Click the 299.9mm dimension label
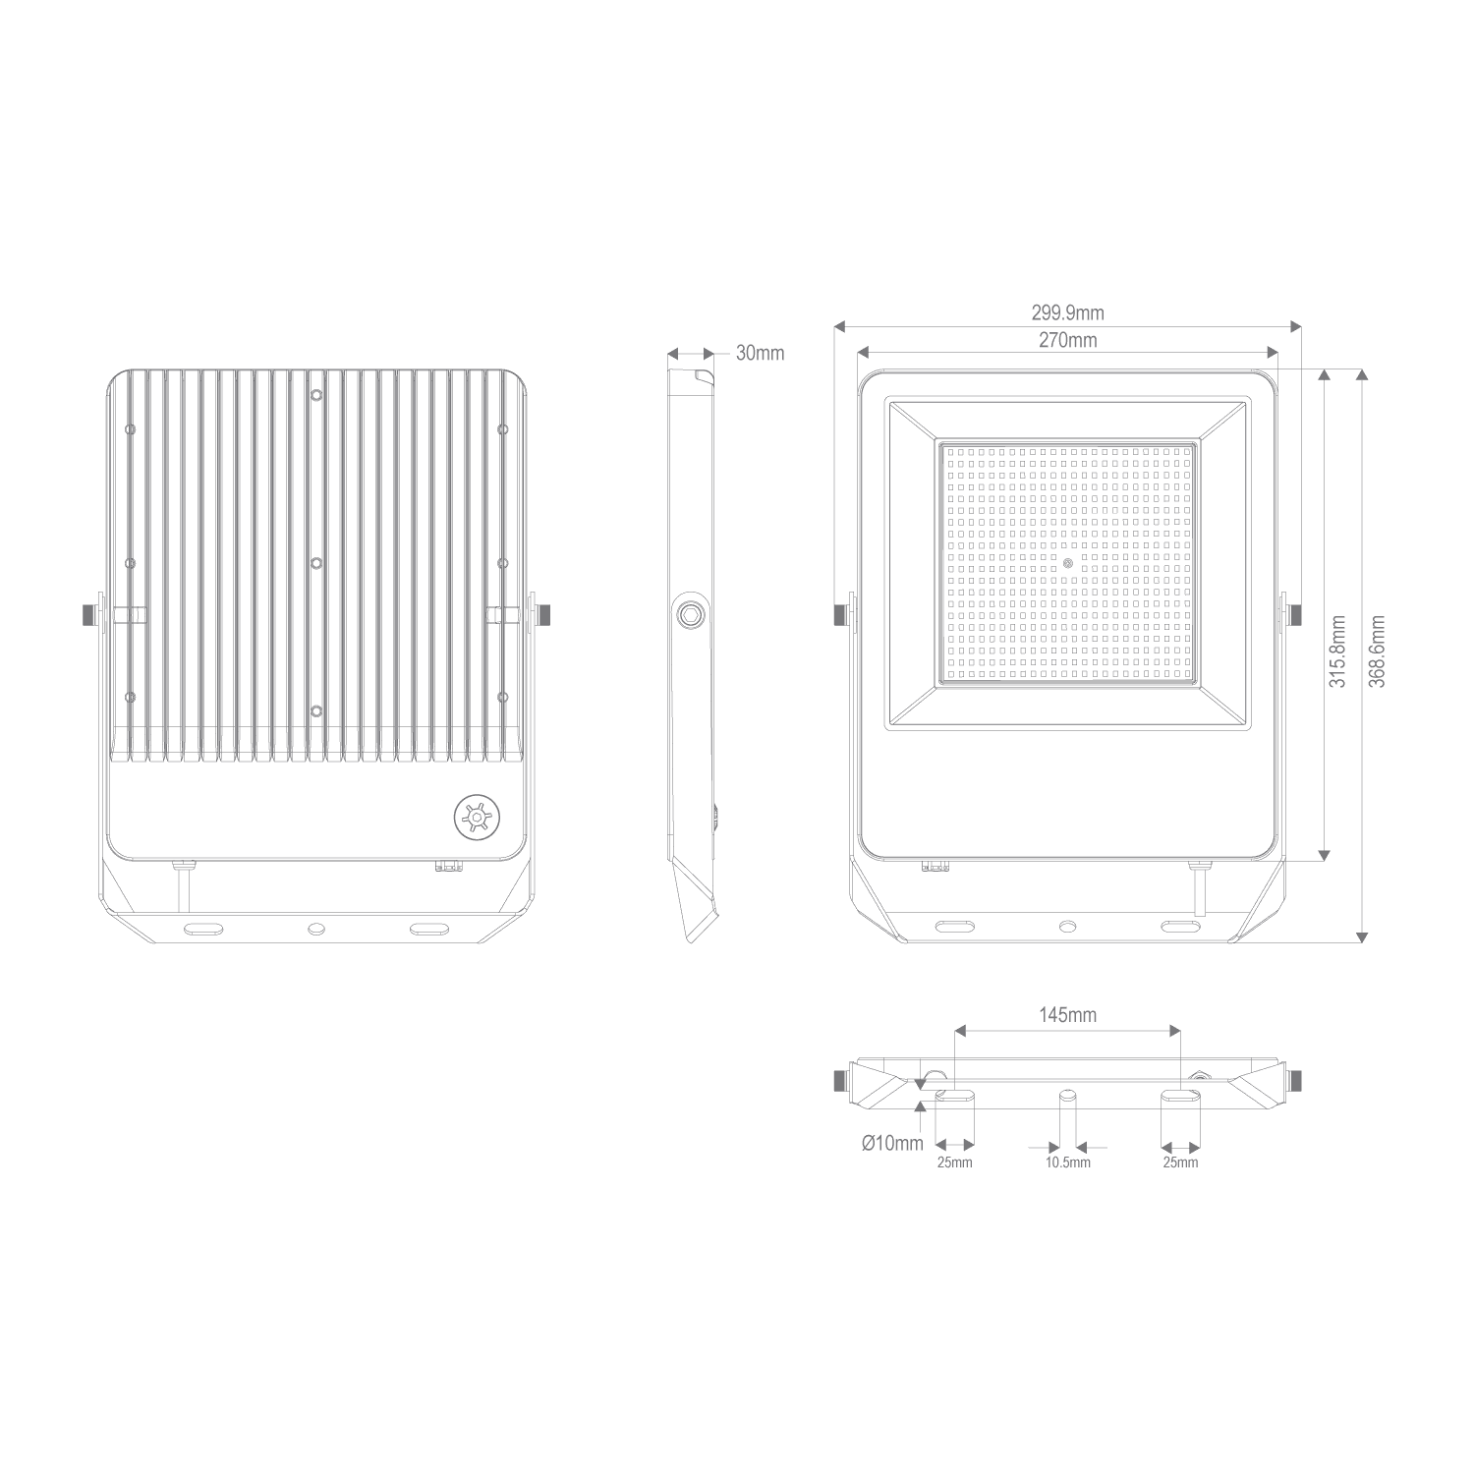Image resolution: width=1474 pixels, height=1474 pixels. (1067, 313)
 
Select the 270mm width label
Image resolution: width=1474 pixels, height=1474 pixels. (1067, 341)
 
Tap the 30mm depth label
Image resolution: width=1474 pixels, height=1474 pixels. (760, 354)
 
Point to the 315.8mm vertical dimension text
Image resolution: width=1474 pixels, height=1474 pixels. (1337, 652)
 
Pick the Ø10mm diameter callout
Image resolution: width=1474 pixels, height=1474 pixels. (892, 1144)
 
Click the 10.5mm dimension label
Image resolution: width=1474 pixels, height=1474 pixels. (1067, 1163)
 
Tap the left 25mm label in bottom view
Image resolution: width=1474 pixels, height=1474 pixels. (954, 1163)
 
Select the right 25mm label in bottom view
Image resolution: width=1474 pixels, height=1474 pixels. (1180, 1163)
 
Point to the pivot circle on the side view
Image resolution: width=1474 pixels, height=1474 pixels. (692, 614)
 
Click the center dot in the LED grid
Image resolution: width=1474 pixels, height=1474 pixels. (1068, 563)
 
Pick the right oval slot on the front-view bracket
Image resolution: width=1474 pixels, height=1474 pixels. (1178, 926)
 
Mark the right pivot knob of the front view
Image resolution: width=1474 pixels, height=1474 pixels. (1294, 614)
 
